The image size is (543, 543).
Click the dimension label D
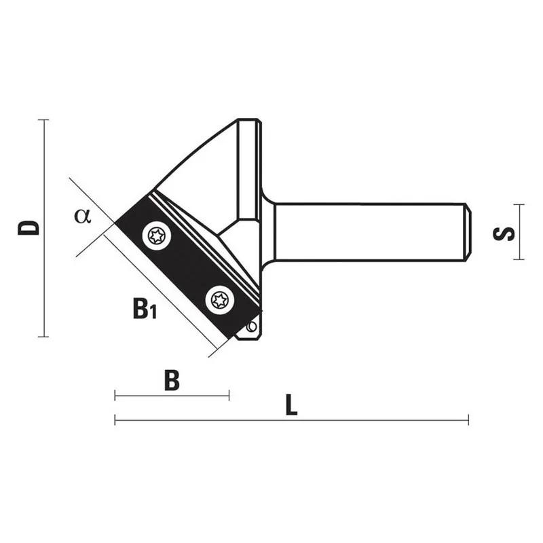[29, 227]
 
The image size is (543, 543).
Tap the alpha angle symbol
[83, 216]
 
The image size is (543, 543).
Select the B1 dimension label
[144, 310]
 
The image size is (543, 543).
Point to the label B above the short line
[172, 381]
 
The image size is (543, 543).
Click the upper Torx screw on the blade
[157, 236]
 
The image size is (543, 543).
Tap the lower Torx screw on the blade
[221, 299]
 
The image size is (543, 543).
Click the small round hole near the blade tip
[252, 327]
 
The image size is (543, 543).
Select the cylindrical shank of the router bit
[367, 231]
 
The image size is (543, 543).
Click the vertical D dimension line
[44, 271]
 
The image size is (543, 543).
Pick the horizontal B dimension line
[172, 396]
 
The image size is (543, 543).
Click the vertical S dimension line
[519, 244]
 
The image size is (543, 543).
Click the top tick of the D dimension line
[44, 120]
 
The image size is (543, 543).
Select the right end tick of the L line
[468, 421]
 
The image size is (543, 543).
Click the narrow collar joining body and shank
[267, 231]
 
